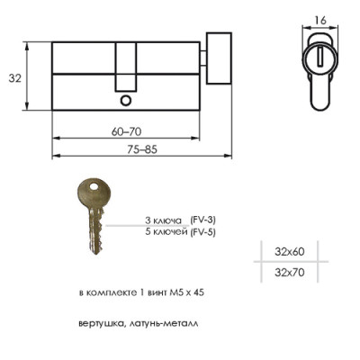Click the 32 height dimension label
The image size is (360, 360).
click(x=15, y=78)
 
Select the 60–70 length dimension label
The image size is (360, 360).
click(x=126, y=131)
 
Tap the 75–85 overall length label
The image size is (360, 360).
click(x=142, y=149)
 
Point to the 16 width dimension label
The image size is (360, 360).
click(x=320, y=21)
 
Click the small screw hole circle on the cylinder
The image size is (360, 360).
click(x=126, y=101)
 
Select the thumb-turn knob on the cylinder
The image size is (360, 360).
click(x=219, y=58)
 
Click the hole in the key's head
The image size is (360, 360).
click(x=94, y=186)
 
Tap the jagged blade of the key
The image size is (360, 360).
click(x=96, y=231)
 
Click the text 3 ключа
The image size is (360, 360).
click(x=163, y=220)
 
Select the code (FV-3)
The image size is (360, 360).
click(x=202, y=220)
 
